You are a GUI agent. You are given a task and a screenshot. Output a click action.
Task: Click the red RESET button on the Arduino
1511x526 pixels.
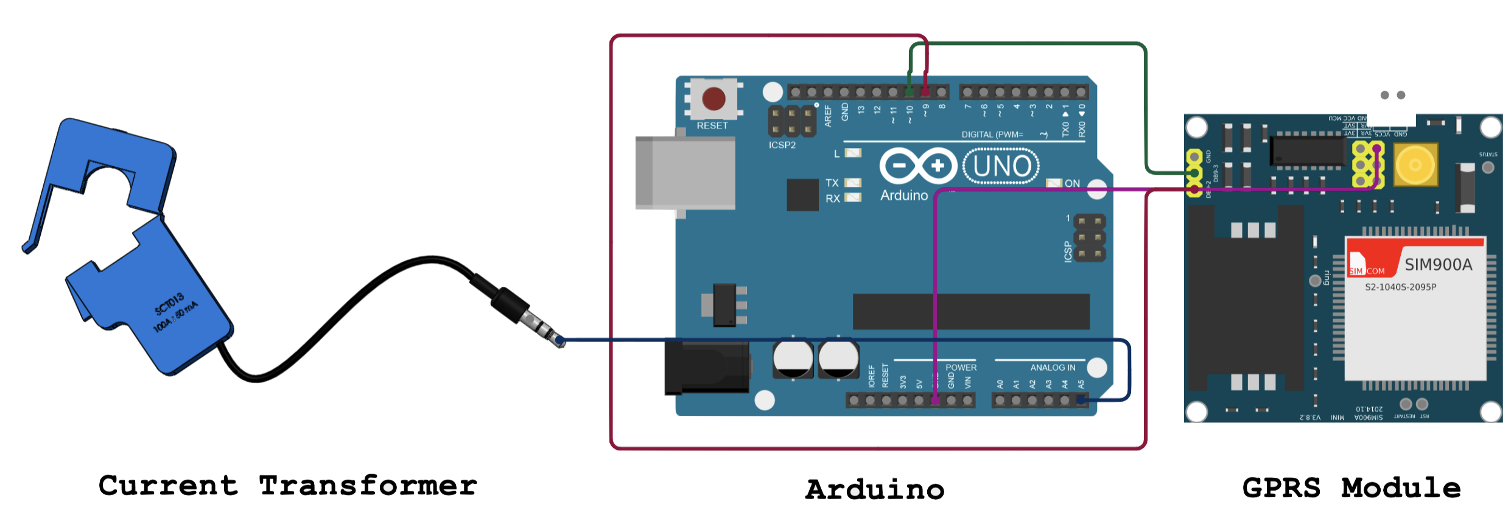point(713,99)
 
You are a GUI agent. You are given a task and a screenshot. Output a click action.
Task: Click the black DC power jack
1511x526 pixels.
point(706,368)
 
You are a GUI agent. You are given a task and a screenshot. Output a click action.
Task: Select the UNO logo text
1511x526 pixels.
point(1001,166)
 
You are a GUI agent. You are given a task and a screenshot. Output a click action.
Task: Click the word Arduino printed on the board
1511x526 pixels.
point(904,195)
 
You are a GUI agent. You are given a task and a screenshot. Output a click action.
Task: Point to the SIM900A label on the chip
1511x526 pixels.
point(1438,265)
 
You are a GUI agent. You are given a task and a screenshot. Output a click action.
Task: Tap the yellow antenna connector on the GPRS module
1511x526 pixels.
point(1415,164)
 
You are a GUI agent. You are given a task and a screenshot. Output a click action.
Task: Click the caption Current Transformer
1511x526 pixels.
point(288,486)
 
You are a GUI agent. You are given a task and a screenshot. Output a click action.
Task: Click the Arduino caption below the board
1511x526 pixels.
point(875,489)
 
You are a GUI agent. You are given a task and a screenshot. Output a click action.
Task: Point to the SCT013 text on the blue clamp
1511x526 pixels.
point(169,304)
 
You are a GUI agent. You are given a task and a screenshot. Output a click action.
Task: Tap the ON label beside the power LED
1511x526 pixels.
point(1072,183)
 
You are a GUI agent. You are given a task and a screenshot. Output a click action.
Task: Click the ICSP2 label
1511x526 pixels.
point(782,146)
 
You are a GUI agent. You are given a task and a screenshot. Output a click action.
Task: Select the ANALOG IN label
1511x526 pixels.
point(1053,368)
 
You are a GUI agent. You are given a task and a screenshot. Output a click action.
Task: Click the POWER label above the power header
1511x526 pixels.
point(961,368)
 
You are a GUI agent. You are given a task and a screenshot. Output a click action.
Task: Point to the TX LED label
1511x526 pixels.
point(832,183)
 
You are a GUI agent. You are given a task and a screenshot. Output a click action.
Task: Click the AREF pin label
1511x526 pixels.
point(828,116)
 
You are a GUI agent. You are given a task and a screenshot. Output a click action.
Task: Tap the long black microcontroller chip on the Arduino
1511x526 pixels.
point(971,312)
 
